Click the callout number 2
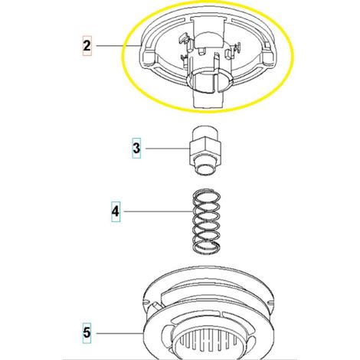[87, 46]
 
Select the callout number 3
[136, 148]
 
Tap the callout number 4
[116, 211]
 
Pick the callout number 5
[87, 333]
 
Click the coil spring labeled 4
[206, 221]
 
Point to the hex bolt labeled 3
[205, 151]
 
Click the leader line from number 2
[119, 46]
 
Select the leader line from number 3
[168, 149]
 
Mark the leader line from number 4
[159, 211]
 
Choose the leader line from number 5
[119, 333]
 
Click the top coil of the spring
[206, 197]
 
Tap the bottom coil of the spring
[206, 247]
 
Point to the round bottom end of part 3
[205, 169]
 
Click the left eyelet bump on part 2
[148, 57]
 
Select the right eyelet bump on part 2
[268, 57]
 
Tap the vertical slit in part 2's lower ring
[214, 83]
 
